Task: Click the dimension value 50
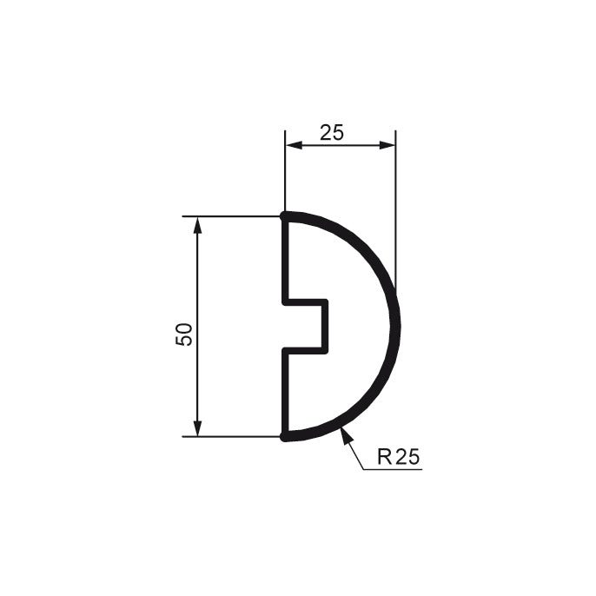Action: [184, 334]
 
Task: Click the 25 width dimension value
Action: [332, 132]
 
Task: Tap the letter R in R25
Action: [384, 456]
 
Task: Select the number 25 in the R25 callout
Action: [407, 456]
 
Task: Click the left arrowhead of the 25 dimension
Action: [294, 145]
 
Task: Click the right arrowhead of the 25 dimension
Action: [387, 145]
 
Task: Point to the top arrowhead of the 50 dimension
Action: [197, 225]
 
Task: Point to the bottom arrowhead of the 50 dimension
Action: [197, 428]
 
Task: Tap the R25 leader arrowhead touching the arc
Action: [346, 435]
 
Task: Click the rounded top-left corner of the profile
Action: [284, 216]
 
